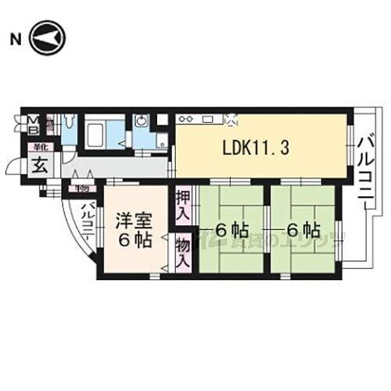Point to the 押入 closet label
click(182, 204)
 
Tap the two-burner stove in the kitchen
click(188, 119)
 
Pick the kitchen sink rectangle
click(209, 119)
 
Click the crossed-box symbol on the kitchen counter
click(231, 119)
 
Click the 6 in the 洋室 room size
click(123, 240)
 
